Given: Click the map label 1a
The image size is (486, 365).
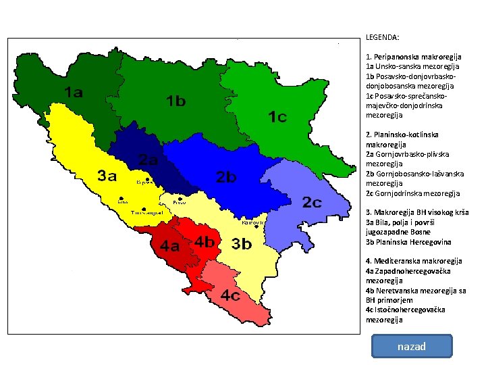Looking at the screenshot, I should tap(74, 93).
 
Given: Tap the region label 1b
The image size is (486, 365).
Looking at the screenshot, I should tap(176, 101).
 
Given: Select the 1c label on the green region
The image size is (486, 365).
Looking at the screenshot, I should tap(277, 117).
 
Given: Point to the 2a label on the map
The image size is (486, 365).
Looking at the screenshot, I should tap(148, 160).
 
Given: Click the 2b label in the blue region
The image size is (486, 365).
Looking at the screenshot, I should tap(226, 177).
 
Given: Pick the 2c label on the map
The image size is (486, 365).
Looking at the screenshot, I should tap(312, 202).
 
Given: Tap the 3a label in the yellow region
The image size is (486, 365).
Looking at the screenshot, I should tap(108, 176).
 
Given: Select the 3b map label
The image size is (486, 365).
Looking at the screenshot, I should tap(242, 244).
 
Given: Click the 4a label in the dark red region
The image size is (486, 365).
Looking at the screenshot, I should tap(169, 245).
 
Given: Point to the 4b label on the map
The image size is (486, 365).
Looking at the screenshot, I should tap(205, 241).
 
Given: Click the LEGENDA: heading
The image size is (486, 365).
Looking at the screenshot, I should tap(383, 38).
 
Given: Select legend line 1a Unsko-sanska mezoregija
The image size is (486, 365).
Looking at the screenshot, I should tap(412, 67).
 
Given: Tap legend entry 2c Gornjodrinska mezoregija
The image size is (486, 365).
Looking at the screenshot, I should tap(412, 193).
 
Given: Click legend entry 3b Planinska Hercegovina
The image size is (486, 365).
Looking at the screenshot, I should tap(408, 242).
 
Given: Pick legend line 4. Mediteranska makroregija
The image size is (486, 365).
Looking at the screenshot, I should tap(414, 261).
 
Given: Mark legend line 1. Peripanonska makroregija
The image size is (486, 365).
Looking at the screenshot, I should tap(413, 57).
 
